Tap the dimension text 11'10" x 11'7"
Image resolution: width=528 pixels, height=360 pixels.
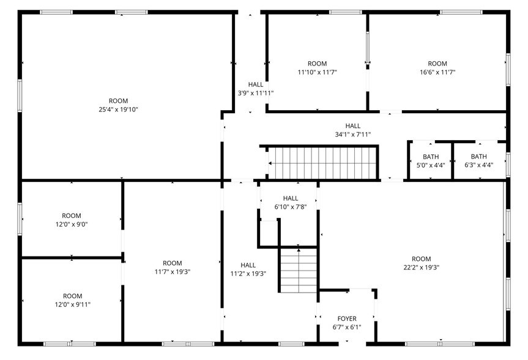317,72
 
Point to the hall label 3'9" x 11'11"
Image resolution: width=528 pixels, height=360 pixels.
255,93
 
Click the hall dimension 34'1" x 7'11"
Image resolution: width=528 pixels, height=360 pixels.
352,134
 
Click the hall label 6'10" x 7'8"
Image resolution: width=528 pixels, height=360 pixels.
290,203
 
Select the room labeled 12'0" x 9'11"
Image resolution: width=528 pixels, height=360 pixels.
72,300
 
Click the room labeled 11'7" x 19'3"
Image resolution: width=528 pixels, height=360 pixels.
172,268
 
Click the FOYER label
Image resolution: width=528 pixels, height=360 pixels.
347,318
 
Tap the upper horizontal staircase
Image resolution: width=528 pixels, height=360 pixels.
324,163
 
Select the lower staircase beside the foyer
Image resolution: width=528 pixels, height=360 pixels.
299,270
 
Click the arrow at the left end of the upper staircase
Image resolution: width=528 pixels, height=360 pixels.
270,163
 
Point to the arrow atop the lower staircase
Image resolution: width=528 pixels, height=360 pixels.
298,249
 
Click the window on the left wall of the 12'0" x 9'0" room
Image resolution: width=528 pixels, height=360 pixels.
20,219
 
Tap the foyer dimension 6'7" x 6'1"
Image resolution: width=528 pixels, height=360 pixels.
347,327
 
